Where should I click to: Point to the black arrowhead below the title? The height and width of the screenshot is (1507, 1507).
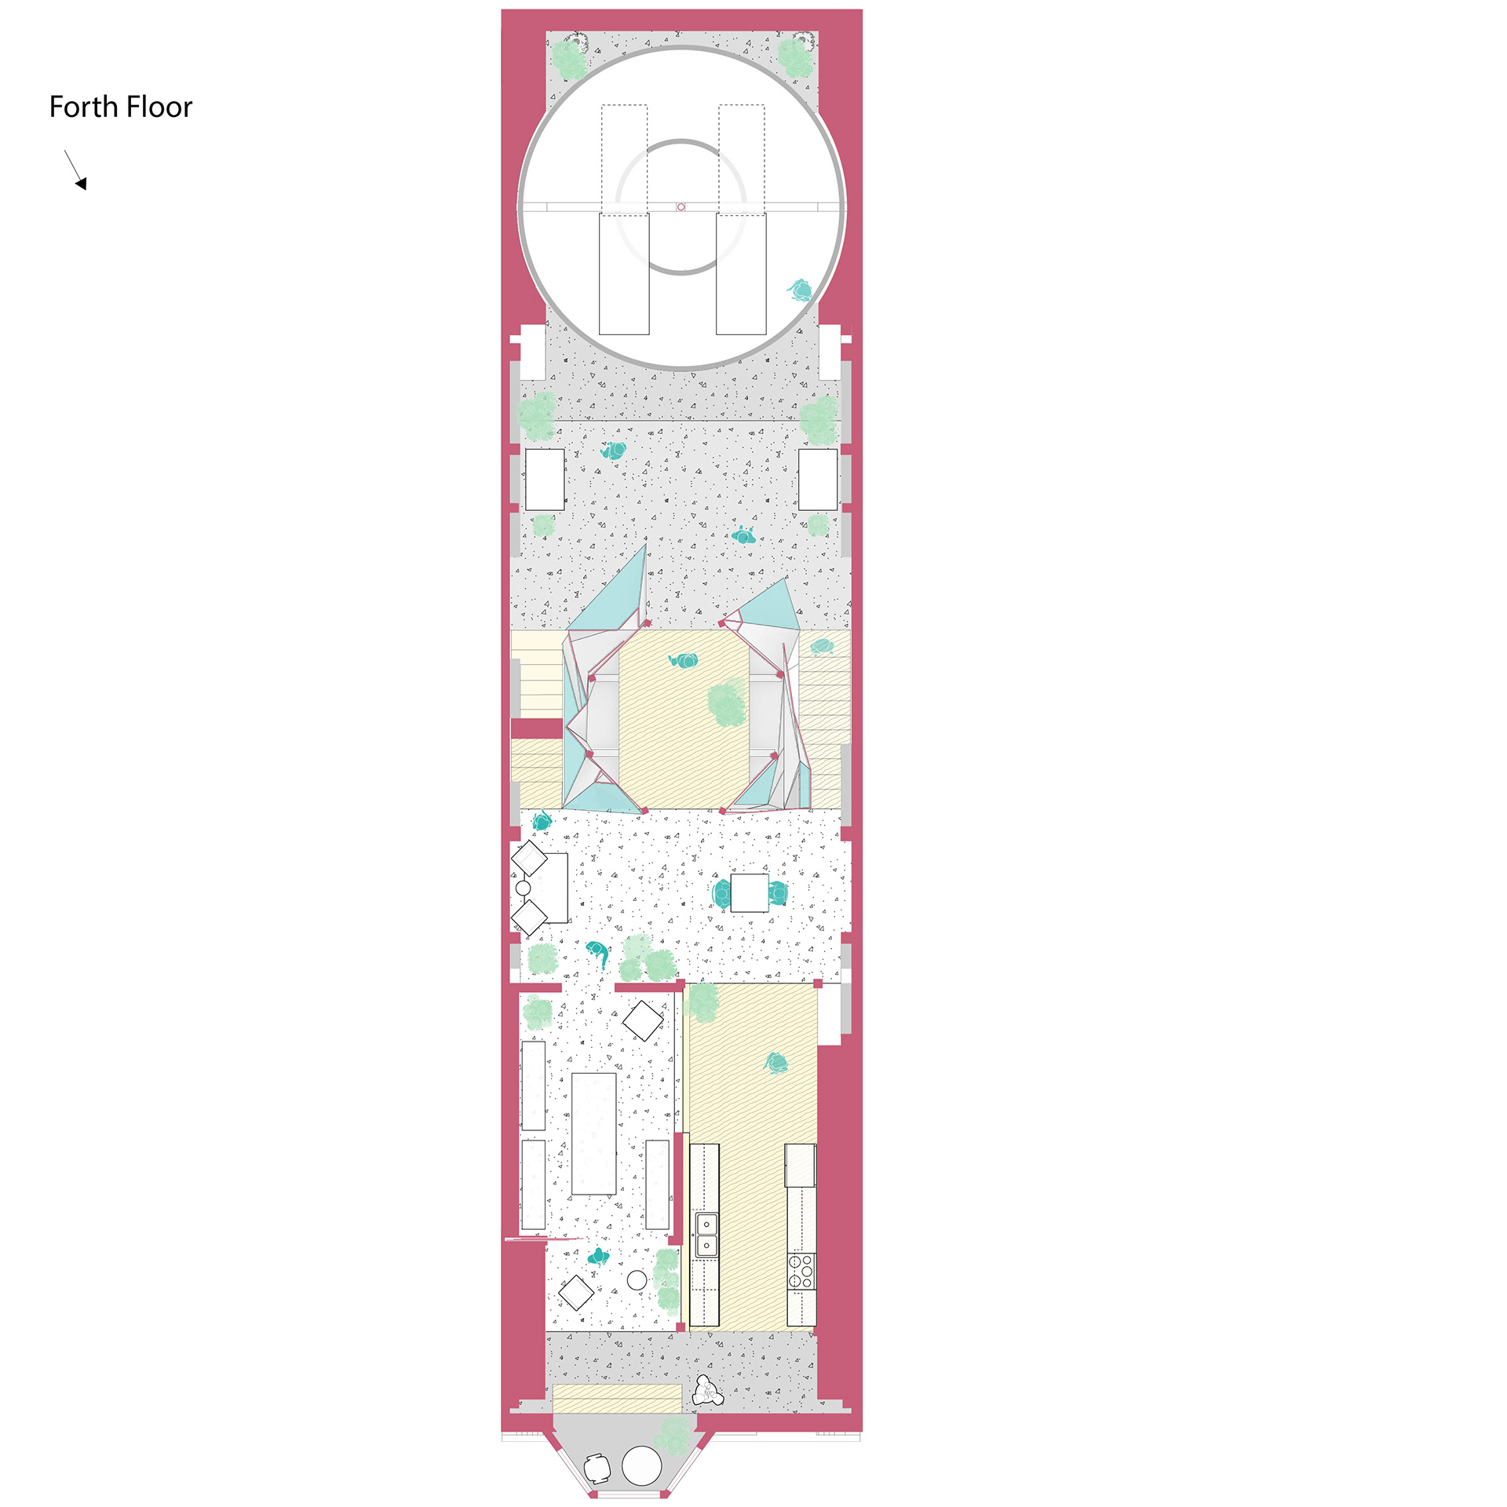pos(81,183)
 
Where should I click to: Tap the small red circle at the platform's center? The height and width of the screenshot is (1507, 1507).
pos(681,207)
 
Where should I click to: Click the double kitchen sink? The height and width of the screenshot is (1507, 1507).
pos(706,1235)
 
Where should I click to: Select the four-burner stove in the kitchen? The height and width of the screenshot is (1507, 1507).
pos(801,1272)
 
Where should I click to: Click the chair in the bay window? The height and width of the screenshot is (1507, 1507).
pos(597,1468)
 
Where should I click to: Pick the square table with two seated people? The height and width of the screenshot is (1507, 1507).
pos(750,892)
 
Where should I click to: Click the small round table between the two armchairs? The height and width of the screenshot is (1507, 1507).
pos(524,889)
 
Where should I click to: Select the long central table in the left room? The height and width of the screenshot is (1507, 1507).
pos(594,1133)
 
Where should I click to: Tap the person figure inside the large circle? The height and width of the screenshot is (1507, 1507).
pos(800,290)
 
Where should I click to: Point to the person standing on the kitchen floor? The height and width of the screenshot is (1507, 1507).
pos(775,1064)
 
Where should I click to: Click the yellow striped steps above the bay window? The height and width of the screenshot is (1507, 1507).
pos(617,1398)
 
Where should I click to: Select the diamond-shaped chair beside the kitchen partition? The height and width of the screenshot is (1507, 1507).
pos(643,1020)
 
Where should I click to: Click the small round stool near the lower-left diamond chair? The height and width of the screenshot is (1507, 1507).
pos(637,1280)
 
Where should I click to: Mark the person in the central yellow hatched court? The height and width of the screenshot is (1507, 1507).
pos(684,660)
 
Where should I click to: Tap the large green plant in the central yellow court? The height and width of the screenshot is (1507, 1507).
pos(727,703)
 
